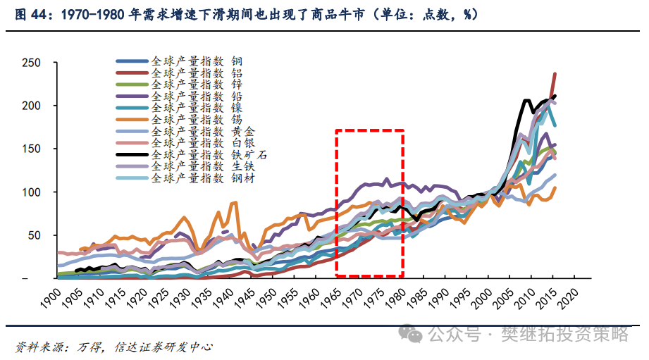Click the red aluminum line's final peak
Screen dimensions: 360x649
pos(555,73)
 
